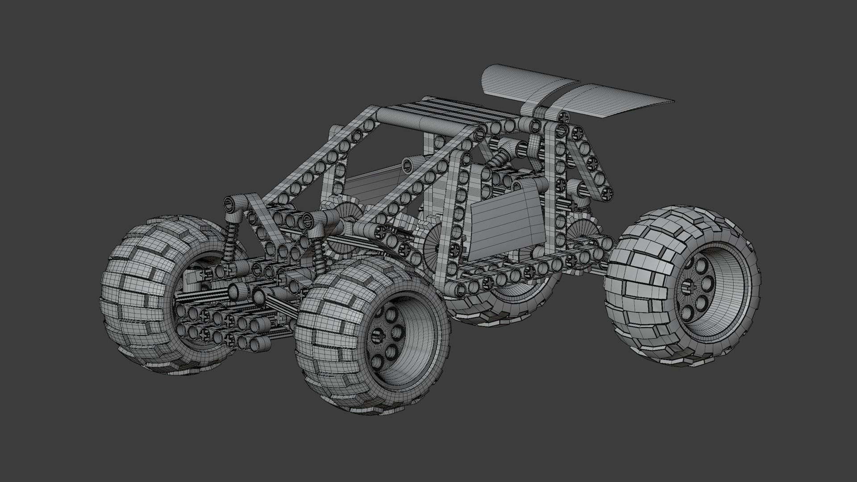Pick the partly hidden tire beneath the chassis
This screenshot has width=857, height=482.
pyautogui.click(x=504, y=308)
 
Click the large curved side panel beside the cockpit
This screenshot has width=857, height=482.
pyautogui.click(x=507, y=223)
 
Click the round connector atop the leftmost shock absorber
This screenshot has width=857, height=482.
pyautogui.click(x=230, y=205)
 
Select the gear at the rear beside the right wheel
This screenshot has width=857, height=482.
pyautogui.click(x=585, y=232)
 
